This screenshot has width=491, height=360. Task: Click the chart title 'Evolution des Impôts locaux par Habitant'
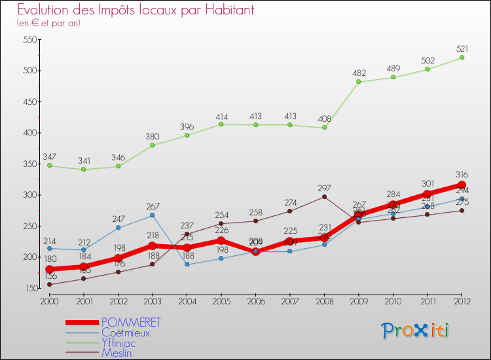click(136, 10)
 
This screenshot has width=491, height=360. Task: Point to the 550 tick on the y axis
click(29, 40)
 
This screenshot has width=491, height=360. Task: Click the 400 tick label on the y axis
click(29, 133)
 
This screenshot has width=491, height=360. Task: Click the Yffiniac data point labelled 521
click(462, 58)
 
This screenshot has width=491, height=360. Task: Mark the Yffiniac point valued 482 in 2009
click(359, 82)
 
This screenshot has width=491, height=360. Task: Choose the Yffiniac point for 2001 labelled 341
click(84, 170)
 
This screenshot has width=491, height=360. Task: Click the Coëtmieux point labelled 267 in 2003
click(153, 215)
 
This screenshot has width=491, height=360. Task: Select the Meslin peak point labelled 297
click(324, 196)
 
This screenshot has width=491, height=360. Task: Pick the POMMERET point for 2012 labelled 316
click(462, 185)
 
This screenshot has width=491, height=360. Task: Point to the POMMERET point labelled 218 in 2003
click(153, 245)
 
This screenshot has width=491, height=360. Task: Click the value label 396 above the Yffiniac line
click(187, 126)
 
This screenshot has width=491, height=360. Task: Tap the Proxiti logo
click(416, 331)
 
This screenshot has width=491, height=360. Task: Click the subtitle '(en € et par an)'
click(48, 23)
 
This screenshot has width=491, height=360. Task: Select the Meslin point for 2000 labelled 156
click(50, 284)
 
